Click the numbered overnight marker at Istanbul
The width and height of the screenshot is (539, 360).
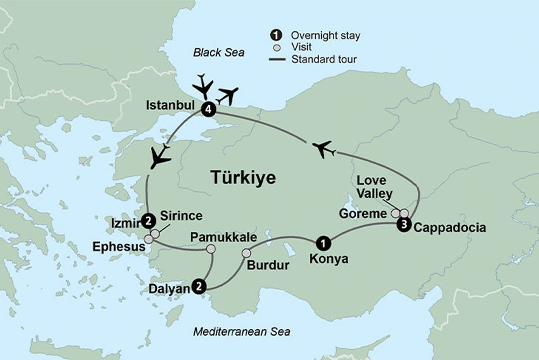pos(208,109)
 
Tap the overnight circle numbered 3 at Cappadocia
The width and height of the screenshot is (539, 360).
pos(403,225)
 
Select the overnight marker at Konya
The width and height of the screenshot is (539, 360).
pos(322,244)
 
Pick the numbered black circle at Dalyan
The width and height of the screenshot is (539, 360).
pos(199,286)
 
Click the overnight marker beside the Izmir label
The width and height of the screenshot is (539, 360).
pos(147,220)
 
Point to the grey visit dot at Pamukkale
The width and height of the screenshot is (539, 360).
pos(211,248)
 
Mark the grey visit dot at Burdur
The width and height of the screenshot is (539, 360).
pos(246,253)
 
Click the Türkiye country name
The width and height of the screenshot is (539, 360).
pos(243,177)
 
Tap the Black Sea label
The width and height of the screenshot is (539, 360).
pos(218,52)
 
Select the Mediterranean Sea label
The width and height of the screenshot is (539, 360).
pos(241,331)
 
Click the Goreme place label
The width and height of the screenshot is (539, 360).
pos(363,214)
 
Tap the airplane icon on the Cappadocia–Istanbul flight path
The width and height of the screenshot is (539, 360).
pos(323,148)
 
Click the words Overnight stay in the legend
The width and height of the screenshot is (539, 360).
pos(325,36)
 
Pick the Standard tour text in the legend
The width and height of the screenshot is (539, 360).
pos(323,59)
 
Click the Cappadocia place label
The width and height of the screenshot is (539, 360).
pos(450,228)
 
